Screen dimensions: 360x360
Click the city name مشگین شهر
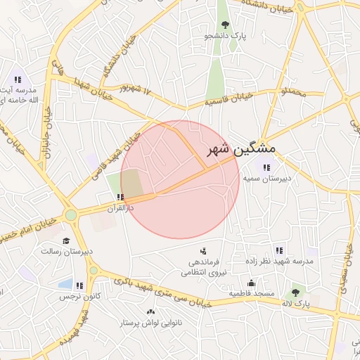241,150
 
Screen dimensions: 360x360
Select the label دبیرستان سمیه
266,179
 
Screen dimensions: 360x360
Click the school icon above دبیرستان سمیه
266,167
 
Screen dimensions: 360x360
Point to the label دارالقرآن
120,208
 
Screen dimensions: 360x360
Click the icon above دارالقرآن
121,198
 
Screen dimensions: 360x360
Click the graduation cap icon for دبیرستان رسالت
66,240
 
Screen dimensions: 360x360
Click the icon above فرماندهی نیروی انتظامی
203,250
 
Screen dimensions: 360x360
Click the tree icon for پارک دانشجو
225,24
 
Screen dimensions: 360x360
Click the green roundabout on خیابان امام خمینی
71,215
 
